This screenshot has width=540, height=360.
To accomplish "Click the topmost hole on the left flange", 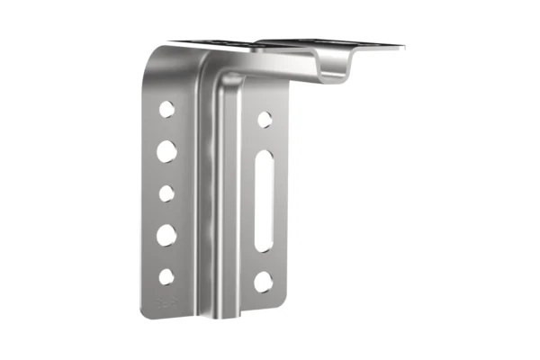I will click(167, 110).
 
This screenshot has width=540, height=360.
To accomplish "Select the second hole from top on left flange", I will click(166, 151).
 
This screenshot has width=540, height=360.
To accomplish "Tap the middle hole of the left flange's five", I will click(166, 193).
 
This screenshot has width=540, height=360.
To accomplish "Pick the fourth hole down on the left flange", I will click(166, 235).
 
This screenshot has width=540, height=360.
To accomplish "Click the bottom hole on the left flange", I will click(166, 276).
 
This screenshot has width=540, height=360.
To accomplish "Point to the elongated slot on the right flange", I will click(264, 201).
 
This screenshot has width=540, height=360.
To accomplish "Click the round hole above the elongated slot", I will click(265, 119).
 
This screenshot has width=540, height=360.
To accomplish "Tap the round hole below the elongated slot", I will click(263, 282).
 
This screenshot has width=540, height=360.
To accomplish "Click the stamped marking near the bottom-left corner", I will click(165, 302).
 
